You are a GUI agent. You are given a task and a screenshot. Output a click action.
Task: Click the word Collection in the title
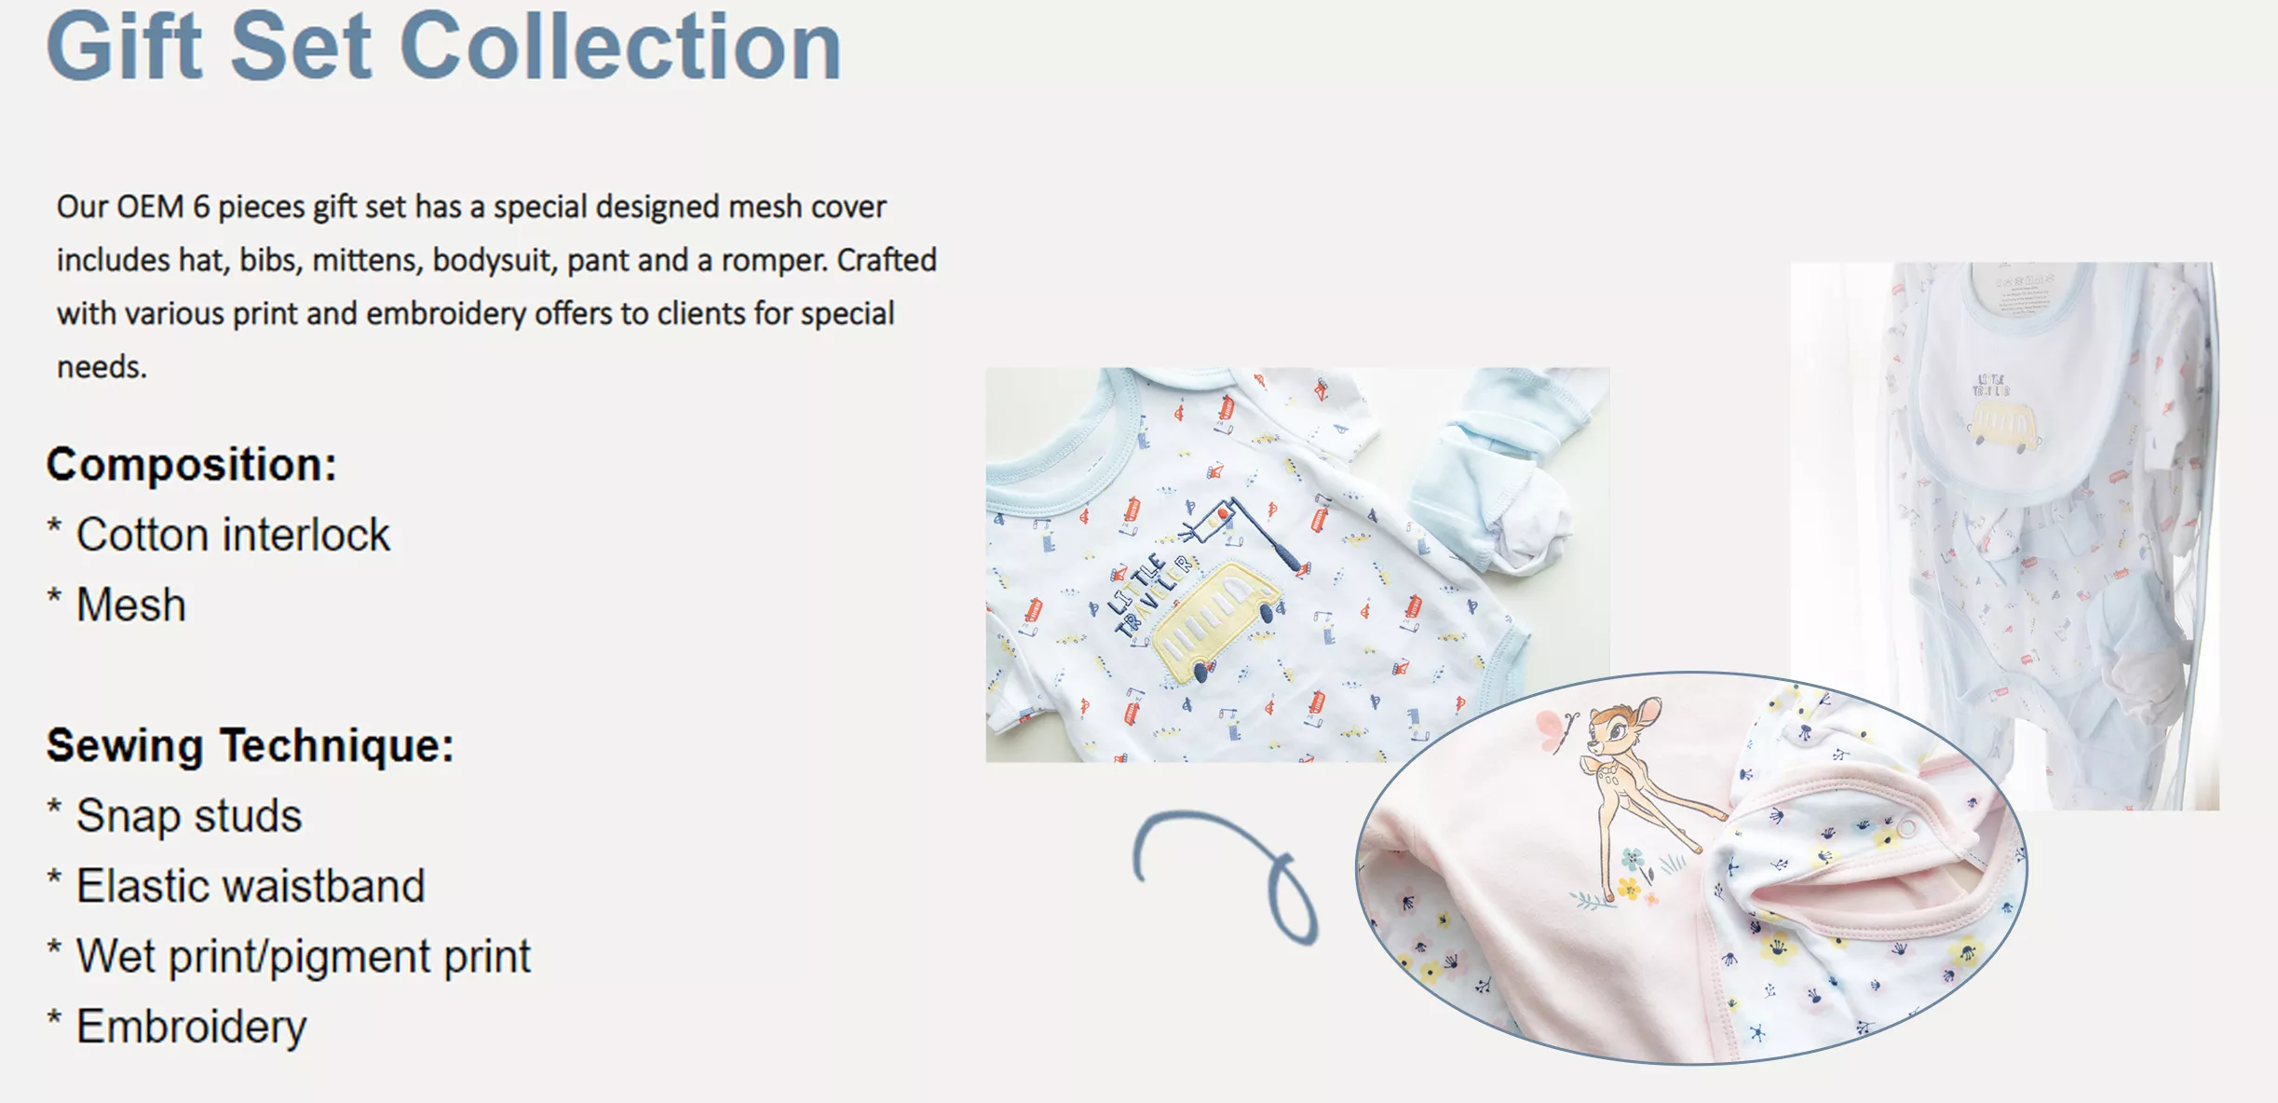(621, 46)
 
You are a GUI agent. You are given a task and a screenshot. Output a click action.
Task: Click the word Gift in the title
(124, 46)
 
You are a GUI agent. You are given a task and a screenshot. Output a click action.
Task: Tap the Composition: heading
(192, 464)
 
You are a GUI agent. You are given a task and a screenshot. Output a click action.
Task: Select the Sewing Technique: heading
(251, 745)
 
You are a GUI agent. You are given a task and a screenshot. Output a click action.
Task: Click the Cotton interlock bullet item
(219, 535)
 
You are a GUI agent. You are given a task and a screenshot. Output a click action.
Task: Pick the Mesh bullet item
(117, 605)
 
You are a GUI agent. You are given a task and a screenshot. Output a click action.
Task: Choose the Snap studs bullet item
(175, 816)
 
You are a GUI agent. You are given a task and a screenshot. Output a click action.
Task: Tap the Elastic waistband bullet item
(237, 885)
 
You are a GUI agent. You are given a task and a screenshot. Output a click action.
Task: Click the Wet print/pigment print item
(290, 957)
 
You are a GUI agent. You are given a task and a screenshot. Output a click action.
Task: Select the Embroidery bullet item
(177, 1027)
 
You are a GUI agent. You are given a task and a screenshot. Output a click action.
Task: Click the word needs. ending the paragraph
(102, 367)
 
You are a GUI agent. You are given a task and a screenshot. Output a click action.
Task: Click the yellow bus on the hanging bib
(2003, 425)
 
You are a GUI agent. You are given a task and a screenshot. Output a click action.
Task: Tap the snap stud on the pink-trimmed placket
(1905, 828)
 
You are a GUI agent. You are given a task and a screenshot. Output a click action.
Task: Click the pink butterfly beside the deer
(1553, 729)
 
